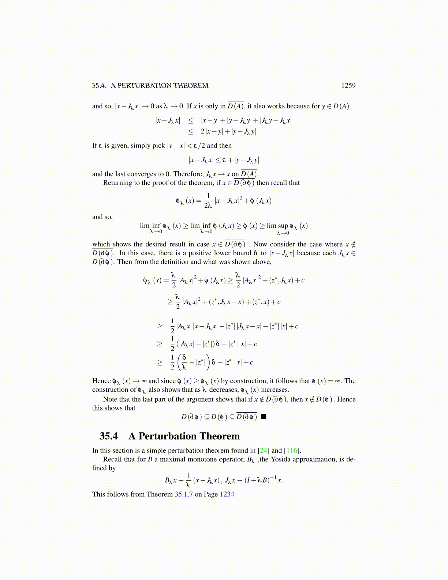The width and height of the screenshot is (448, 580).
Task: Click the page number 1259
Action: coord(348,86)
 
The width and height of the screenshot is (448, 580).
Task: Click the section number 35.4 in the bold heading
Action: coord(109,436)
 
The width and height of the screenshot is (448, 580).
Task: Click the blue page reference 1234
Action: coord(227,494)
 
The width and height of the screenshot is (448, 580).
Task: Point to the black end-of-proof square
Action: coord(264,417)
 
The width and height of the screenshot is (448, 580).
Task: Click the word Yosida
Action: coord(281,460)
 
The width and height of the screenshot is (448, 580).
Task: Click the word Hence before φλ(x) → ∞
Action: coord(101,381)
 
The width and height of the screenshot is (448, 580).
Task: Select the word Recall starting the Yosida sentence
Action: coord(112,460)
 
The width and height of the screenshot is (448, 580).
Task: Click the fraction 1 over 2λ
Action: coord(208,201)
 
